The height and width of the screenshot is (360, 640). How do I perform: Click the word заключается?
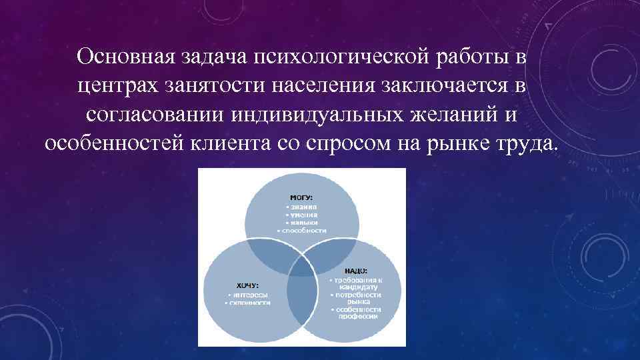pos(445,85)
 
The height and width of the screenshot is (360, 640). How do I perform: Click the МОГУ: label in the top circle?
pos(301,197)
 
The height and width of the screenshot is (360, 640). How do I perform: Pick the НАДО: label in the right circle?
pos(355,271)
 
